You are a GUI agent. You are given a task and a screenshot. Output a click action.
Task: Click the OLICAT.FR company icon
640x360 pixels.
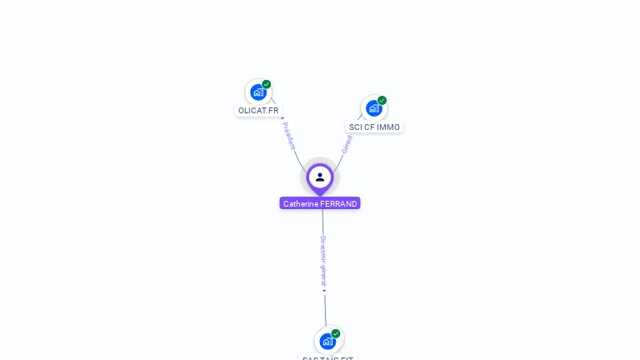pyautogui.click(x=257, y=92)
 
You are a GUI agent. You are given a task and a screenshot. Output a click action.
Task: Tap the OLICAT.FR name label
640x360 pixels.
pyautogui.click(x=258, y=110)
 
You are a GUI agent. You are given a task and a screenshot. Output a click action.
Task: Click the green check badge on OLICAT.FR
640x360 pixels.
pyautogui.click(x=267, y=84)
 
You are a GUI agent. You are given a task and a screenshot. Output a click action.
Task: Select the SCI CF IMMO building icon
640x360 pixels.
pyautogui.click(x=373, y=108)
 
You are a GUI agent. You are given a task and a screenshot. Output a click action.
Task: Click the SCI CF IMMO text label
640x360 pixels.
pyautogui.click(x=374, y=127)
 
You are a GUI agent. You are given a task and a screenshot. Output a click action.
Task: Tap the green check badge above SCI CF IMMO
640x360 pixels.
pyautogui.click(x=382, y=101)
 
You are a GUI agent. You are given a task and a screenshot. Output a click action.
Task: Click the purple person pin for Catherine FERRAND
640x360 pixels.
pyautogui.click(x=320, y=177)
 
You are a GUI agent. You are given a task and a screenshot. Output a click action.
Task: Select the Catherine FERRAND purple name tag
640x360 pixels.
pyautogui.click(x=320, y=203)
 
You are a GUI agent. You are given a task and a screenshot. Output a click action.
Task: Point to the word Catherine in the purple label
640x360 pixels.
pyautogui.click(x=301, y=203)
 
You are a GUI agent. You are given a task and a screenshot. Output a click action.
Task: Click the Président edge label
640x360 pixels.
pyautogui.click(x=289, y=136)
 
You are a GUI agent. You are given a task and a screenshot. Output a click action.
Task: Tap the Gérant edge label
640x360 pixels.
pyautogui.click(x=347, y=144)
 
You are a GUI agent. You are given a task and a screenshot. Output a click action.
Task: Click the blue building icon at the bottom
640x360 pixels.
pyautogui.click(x=327, y=341)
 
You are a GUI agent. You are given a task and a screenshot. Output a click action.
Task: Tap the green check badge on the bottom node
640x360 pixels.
pyautogui.click(x=336, y=333)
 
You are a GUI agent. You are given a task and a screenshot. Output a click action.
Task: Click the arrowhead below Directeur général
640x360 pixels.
pyautogui.click(x=325, y=291)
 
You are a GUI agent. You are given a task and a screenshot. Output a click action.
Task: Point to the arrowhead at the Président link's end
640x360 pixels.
pyautogui.click(x=282, y=117)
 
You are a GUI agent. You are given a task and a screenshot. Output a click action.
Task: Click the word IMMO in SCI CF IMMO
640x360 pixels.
pyautogui.click(x=388, y=127)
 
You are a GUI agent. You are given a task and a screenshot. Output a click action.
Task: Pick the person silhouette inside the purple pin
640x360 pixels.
pyautogui.click(x=320, y=177)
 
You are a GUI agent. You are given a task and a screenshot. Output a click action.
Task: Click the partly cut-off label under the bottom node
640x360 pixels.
pyautogui.click(x=327, y=357)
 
